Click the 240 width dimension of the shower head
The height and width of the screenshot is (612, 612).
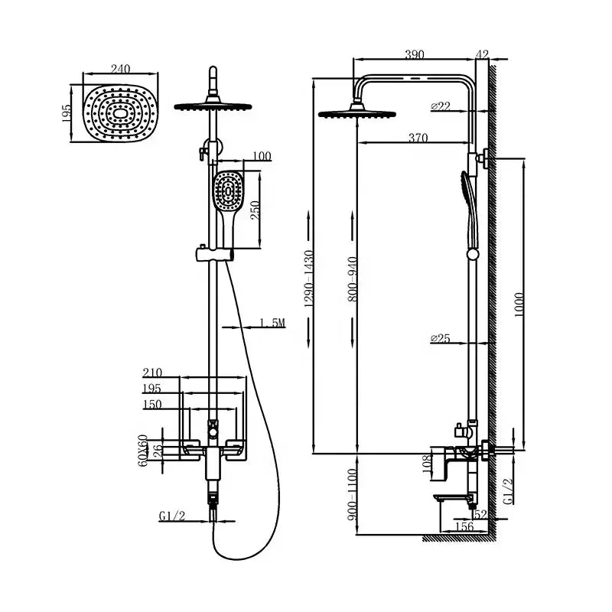tap(120, 69)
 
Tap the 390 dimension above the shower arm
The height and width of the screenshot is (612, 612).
tap(415, 54)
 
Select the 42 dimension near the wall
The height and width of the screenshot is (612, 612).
tap(481, 54)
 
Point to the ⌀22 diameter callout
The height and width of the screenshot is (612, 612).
tap(441, 107)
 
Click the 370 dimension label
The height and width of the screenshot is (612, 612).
tap(418, 138)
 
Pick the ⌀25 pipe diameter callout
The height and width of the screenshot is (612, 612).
tap(441, 337)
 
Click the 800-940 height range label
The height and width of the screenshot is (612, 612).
tap(353, 277)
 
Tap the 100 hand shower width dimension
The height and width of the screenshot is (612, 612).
tap(261, 157)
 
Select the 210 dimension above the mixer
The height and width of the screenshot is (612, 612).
tap(153, 373)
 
